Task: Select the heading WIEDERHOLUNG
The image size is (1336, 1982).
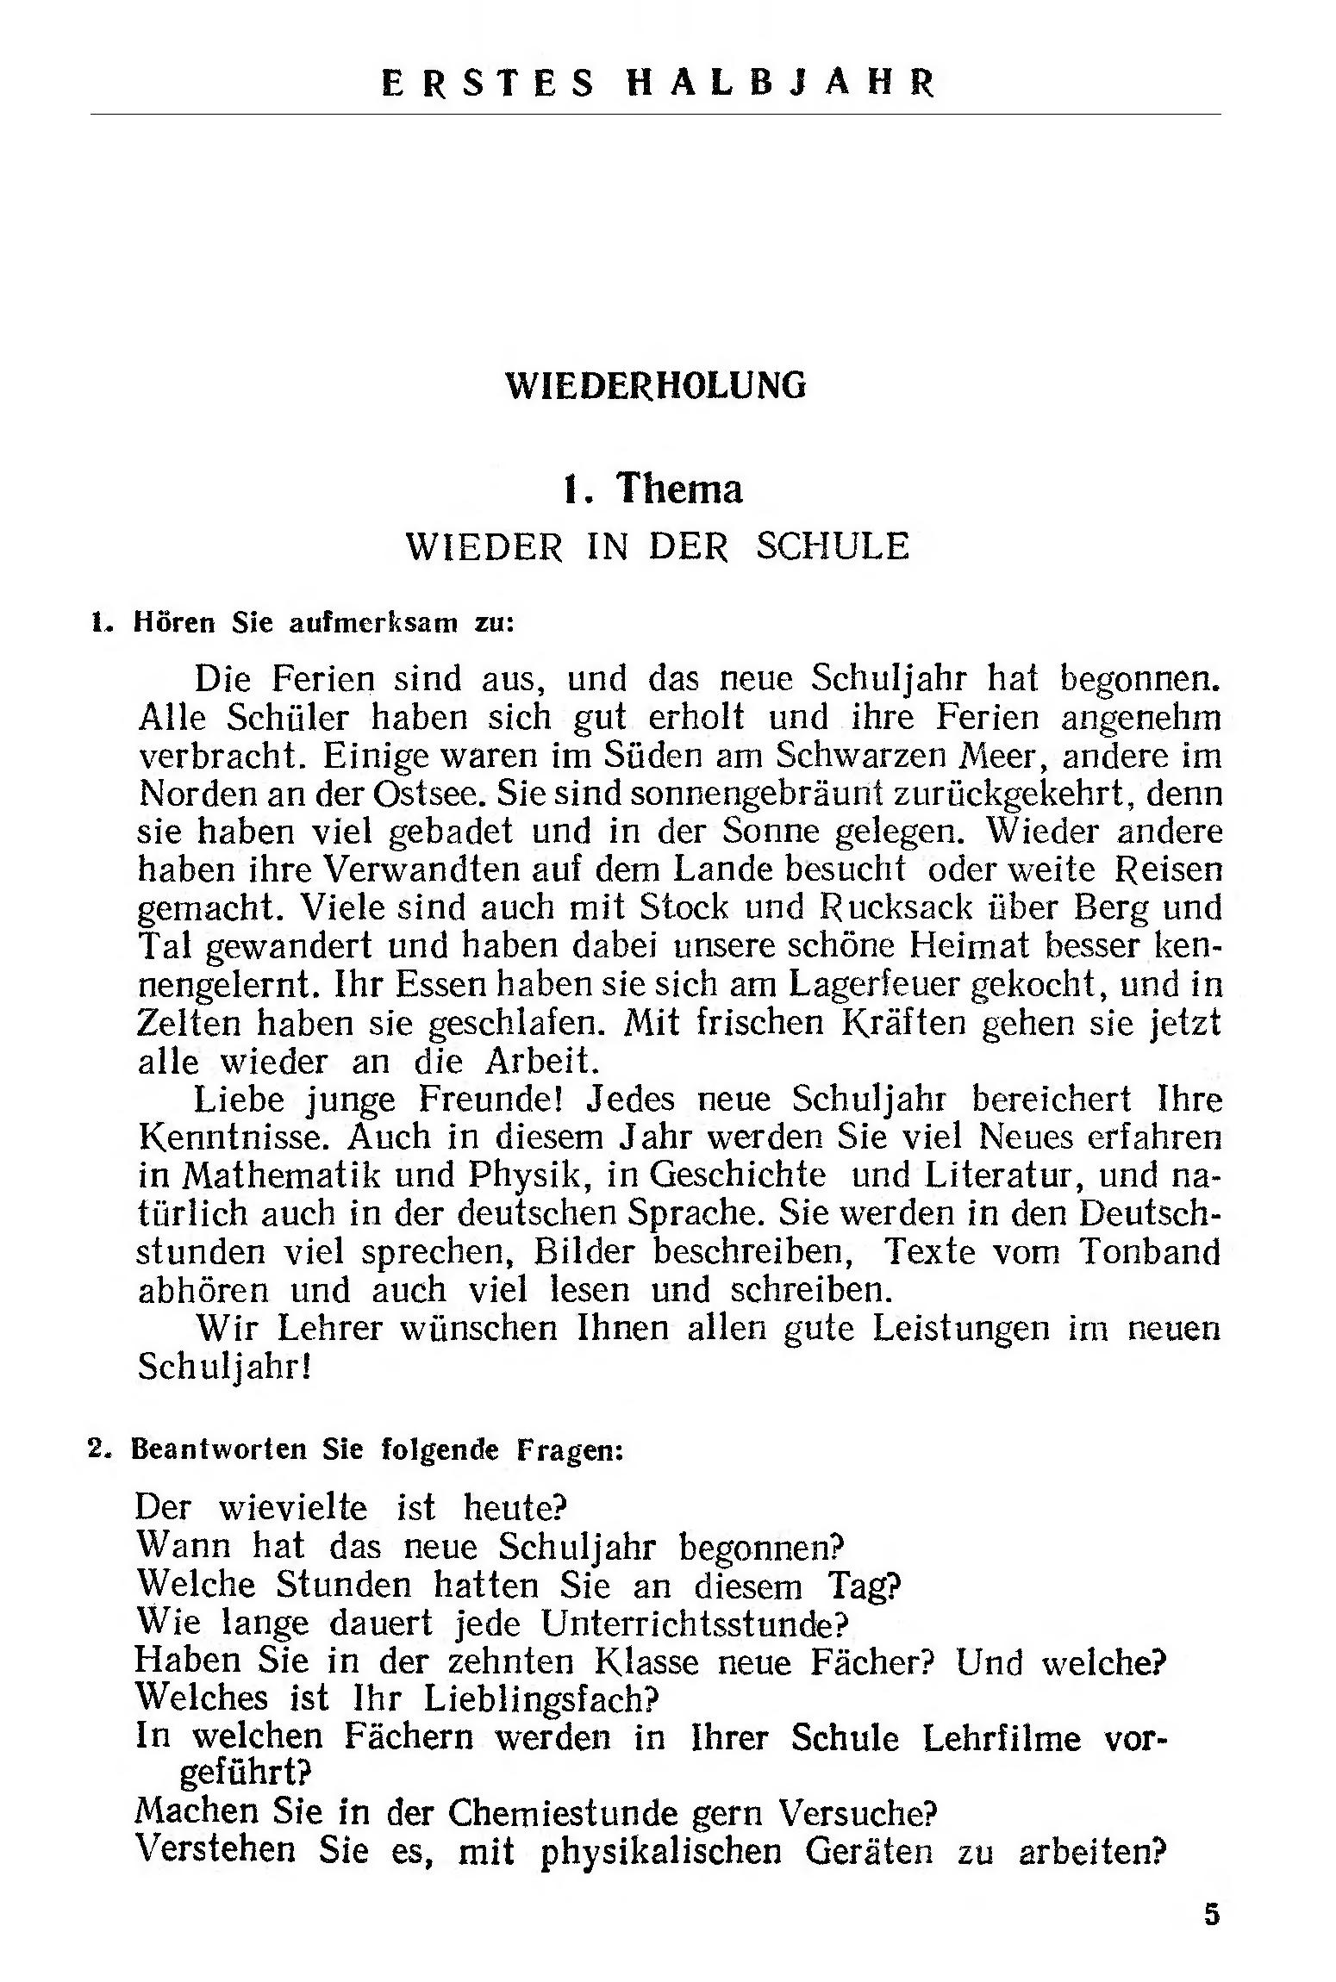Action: point(655,385)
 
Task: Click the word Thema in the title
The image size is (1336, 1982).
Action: point(679,489)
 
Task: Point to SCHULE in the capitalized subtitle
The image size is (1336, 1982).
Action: point(832,547)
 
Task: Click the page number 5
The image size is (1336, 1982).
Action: point(1212,1915)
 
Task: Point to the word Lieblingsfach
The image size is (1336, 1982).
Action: point(540,1698)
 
